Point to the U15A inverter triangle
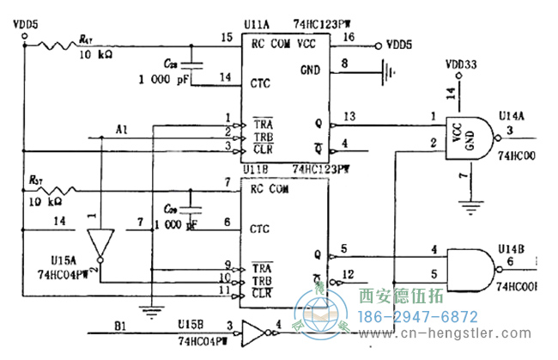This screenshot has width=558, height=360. click(x=101, y=245)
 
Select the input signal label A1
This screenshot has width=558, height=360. click(x=122, y=130)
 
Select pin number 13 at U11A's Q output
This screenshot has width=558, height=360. click(x=349, y=115)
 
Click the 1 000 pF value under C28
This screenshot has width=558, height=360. click(x=164, y=81)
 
